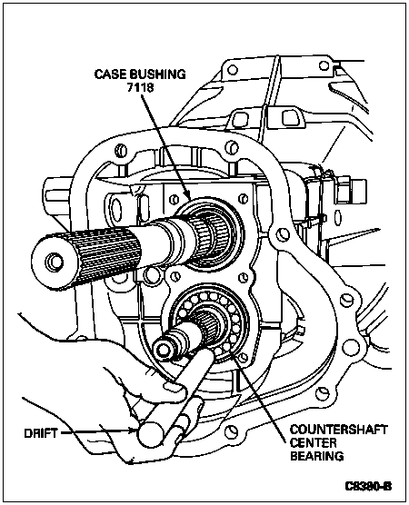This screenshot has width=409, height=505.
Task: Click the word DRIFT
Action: (x=41, y=433)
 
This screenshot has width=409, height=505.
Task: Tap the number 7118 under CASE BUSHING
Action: (x=140, y=87)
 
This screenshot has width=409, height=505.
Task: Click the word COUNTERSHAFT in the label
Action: (x=338, y=430)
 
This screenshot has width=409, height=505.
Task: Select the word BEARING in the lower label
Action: (x=317, y=456)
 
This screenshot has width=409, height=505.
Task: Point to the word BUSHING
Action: (x=157, y=74)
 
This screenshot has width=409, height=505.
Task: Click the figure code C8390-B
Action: (x=368, y=486)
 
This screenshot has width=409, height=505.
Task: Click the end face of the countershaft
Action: (x=163, y=348)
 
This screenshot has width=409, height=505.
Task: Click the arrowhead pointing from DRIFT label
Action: (x=135, y=431)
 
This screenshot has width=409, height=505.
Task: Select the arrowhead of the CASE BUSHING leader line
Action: (x=188, y=196)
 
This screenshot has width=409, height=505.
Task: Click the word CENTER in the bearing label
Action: (x=313, y=443)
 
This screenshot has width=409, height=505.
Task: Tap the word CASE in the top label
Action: (x=110, y=74)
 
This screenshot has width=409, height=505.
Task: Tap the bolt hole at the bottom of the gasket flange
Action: (x=231, y=432)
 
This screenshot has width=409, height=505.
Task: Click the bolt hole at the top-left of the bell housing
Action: (x=233, y=70)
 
